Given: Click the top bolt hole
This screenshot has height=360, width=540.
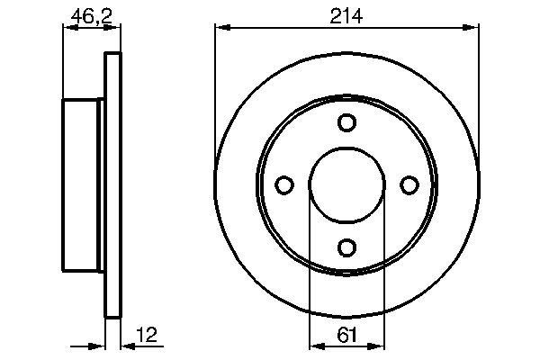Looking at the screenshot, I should coord(346,122).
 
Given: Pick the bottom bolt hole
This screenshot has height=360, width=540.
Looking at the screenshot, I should coord(346,247).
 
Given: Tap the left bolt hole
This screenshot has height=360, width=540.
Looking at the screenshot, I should coord(284,184).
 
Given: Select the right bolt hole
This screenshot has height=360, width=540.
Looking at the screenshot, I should coord(409,184).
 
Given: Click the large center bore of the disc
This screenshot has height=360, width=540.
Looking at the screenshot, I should coord(346,184).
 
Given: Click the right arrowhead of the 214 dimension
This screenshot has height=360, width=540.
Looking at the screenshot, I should coord(472,27).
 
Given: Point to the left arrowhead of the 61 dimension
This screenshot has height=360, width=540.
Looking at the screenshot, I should coord(315,345).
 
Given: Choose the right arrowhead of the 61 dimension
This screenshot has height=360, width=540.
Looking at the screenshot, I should coord(378,345).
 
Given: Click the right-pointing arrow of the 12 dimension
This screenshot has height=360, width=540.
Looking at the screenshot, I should coord(99,345).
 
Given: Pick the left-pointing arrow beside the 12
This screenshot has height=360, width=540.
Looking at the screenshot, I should coord(127,345).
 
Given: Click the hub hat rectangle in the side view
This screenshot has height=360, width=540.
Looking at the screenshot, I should coord(84,184).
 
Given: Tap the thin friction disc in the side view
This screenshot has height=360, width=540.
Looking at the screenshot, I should coord(113,184).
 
